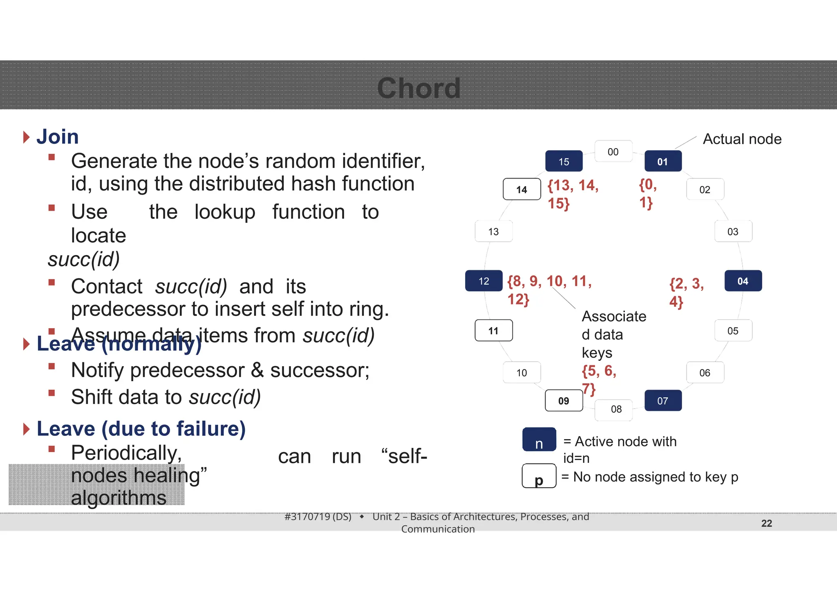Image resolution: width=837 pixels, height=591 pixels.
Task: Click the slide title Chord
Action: point(418,88)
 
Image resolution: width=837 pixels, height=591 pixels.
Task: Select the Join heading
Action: point(57,137)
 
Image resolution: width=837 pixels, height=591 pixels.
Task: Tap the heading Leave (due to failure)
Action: point(141,429)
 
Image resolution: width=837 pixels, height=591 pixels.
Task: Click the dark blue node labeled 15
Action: point(564,162)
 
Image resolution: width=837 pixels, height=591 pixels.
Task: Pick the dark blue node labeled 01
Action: point(662,162)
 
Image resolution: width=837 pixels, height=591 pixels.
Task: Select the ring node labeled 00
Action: point(613,152)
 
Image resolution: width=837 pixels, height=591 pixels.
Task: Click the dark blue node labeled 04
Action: point(743,281)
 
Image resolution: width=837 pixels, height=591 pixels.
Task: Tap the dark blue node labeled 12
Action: point(483,281)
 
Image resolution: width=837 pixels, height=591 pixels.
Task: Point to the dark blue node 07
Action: point(662,401)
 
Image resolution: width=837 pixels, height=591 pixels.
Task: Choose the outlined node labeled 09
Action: point(564,401)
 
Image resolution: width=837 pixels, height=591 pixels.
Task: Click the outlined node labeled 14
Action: point(521,189)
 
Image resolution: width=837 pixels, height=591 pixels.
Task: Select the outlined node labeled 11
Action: point(493,330)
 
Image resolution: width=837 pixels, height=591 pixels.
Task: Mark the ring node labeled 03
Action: point(733,231)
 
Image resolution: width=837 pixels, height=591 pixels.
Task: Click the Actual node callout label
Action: point(742,139)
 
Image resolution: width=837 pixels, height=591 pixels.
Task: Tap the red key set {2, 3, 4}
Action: point(686,292)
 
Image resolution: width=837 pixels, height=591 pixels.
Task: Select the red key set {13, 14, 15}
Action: point(572,194)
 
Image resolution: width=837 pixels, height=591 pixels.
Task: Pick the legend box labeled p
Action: point(539,476)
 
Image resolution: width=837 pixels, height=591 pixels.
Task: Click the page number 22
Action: point(766,523)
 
